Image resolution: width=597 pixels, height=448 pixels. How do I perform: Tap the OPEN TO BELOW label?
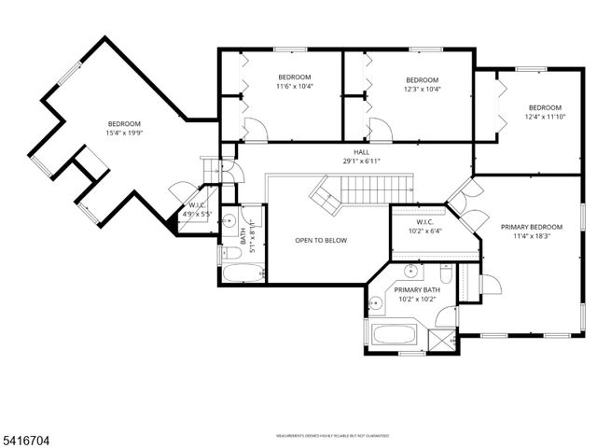[x=321, y=240]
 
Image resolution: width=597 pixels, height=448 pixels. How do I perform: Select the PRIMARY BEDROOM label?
[x=532, y=227]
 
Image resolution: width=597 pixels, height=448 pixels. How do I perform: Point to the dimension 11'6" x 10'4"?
[x=294, y=87]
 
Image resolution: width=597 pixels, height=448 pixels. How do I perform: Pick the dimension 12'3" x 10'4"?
[x=422, y=90]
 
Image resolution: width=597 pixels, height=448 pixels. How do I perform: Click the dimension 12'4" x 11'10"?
[x=546, y=117]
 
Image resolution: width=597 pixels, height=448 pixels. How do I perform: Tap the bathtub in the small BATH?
[x=242, y=274]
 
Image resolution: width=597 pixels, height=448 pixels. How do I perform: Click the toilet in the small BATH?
[x=229, y=252]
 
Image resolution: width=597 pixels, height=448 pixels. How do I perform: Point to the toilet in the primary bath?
[x=447, y=276]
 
